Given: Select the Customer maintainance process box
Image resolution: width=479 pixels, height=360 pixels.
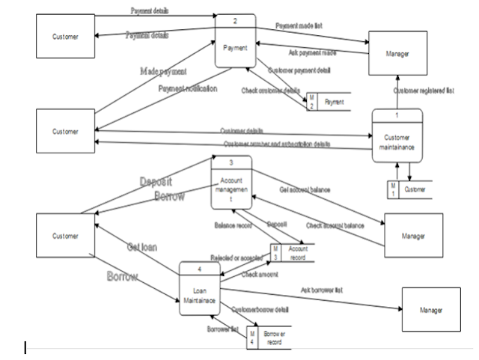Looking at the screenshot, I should [x=397, y=141].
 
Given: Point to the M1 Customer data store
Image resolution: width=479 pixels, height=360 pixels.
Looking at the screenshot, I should [x=409, y=190].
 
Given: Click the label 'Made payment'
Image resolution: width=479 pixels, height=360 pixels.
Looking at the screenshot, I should [x=163, y=71].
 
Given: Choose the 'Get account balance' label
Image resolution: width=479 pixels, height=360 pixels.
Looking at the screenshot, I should [x=305, y=190].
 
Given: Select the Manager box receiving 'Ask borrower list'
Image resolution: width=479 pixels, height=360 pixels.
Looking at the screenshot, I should [x=432, y=310].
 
